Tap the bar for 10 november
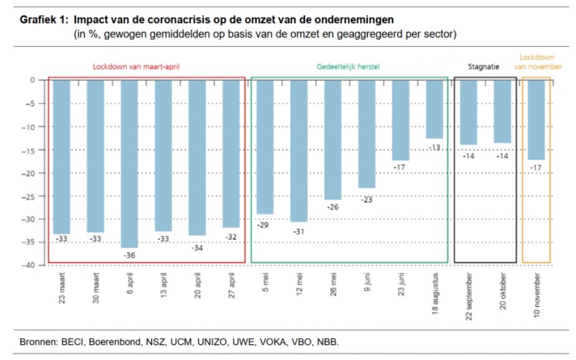tap(536, 120)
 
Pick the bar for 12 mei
tap(299, 150)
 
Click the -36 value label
tap(130, 256)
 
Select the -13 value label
tap(434, 148)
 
